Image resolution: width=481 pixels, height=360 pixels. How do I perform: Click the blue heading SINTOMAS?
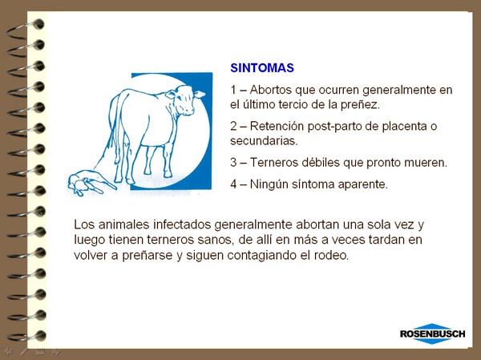pyautogui.click(x=262, y=68)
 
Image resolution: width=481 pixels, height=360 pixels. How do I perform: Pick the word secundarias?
pyautogui.click(x=264, y=141)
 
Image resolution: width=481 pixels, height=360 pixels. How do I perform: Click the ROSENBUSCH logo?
pyautogui.click(x=433, y=334)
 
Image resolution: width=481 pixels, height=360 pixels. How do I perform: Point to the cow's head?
pyautogui.click(x=184, y=99)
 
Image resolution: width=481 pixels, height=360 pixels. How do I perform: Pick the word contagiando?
pyautogui.click(x=262, y=255)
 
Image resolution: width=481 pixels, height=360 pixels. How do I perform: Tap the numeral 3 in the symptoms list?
pyautogui.click(x=233, y=162)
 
